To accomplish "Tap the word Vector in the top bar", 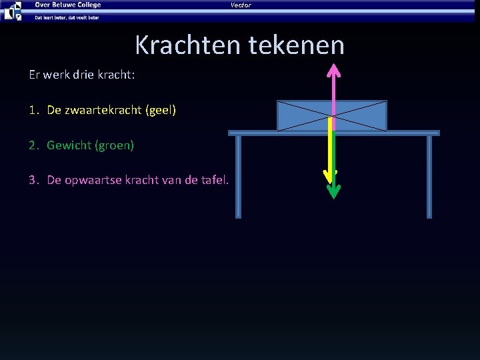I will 241,5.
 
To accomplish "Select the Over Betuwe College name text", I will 68,5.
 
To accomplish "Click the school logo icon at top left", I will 13,11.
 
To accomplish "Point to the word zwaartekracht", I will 103,109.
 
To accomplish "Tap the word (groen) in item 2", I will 117,145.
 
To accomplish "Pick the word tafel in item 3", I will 212,180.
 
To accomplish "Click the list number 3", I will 33,180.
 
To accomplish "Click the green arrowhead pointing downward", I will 333,191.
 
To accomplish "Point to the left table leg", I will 238,176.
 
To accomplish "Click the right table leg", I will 429,176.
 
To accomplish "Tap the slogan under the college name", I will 67,17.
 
